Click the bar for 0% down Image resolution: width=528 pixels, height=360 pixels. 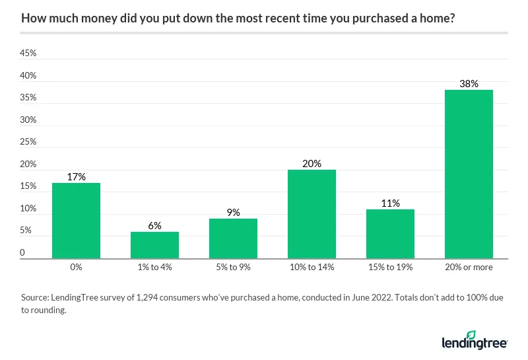click(76, 221)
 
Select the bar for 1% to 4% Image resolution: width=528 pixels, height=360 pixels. click(154, 245)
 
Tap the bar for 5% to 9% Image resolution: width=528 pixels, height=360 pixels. click(233, 238)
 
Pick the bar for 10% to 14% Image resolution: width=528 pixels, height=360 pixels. click(312, 214)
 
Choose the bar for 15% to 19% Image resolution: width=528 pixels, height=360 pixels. click(390, 234)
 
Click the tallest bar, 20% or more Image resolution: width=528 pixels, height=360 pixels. click(469, 174)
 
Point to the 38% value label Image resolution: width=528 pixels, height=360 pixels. click(469, 84)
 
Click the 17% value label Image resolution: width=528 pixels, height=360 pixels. click(76, 177)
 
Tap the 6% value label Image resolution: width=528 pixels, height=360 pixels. click(154, 226)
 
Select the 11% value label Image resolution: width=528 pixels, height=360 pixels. click(390, 203)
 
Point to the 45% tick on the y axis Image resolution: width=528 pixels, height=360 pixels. click(28, 54)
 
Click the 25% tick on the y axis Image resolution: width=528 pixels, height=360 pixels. click(28, 142)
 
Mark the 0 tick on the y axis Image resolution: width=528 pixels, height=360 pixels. click(22, 252)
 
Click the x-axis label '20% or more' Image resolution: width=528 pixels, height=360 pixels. click(469, 268)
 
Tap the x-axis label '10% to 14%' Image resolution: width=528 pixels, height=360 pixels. click(312, 268)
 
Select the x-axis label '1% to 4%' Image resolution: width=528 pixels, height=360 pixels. click(154, 268)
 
